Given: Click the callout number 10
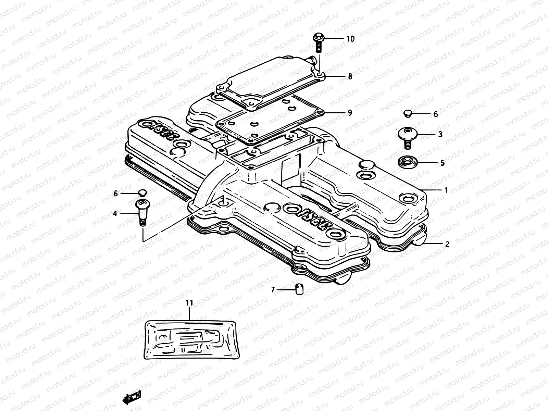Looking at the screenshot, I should pos(350,39).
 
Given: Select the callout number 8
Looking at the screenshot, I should pos(350,76).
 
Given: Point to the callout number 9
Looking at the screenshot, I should pos(350,113).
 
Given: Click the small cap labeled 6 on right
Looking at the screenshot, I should pos(407,113).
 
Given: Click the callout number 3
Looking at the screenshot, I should pos(440,134).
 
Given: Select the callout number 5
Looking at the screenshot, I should pos(442,163).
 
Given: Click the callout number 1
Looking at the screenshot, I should pos(446,190).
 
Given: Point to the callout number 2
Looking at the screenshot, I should pos(447,245).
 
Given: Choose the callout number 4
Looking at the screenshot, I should pos(115,214).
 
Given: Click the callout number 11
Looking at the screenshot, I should pos(189,303).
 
